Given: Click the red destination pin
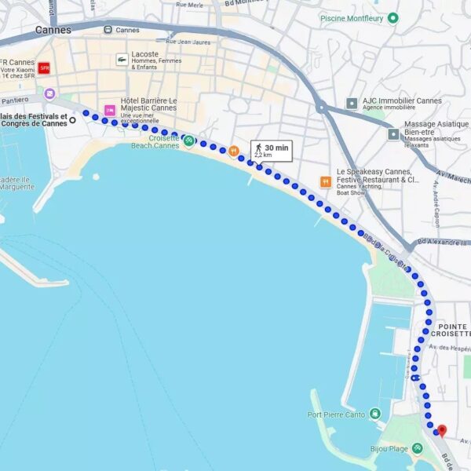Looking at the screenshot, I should (x=441, y=431).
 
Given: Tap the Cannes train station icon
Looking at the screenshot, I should (x=108, y=30).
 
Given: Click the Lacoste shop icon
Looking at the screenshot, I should (x=122, y=59).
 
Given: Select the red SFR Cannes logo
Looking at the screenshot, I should (x=44, y=68).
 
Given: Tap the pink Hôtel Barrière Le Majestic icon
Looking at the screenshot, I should (x=109, y=109).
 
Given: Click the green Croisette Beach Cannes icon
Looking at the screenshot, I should (x=188, y=141).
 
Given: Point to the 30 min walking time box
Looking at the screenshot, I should (x=270, y=151).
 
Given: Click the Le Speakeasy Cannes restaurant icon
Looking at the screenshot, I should (x=325, y=182).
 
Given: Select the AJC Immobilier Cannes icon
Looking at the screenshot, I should (x=352, y=103).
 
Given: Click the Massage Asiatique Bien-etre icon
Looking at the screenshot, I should (x=392, y=134).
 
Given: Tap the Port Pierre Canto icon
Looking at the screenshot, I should (x=375, y=414).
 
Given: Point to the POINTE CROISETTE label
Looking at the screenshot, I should (x=454, y=330).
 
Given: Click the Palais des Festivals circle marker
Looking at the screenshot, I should (x=72, y=120).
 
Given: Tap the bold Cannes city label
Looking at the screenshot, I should (x=53, y=30).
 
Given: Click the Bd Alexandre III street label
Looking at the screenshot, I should (x=443, y=243).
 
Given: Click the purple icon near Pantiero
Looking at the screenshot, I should (x=49, y=93).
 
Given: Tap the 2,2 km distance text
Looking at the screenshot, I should (x=262, y=155).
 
